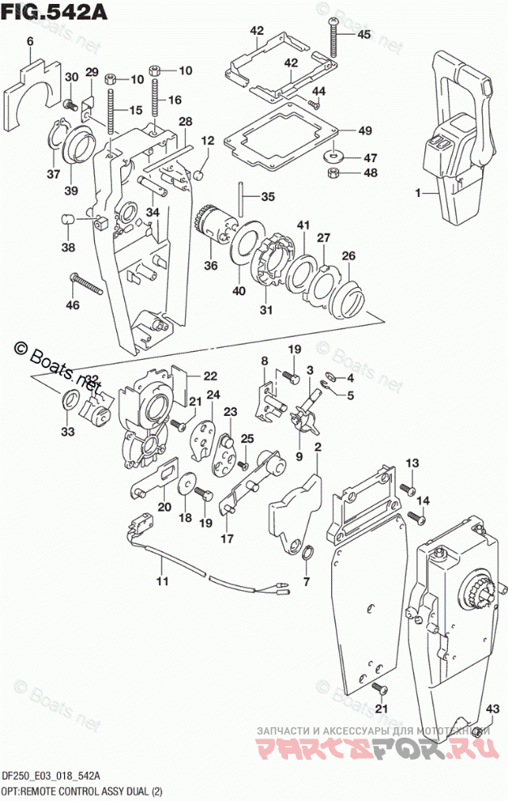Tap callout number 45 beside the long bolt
pyautogui.click(x=363, y=34)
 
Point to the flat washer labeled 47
pyautogui.click(x=334, y=155)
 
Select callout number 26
pyautogui.click(x=348, y=257)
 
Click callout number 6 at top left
pyautogui.click(x=29, y=41)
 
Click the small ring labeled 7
pyautogui.click(x=308, y=554)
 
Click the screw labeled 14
pyautogui.click(x=416, y=516)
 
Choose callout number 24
pyautogui.click(x=213, y=396)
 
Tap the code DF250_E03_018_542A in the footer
pyautogui.click(x=51, y=776)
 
